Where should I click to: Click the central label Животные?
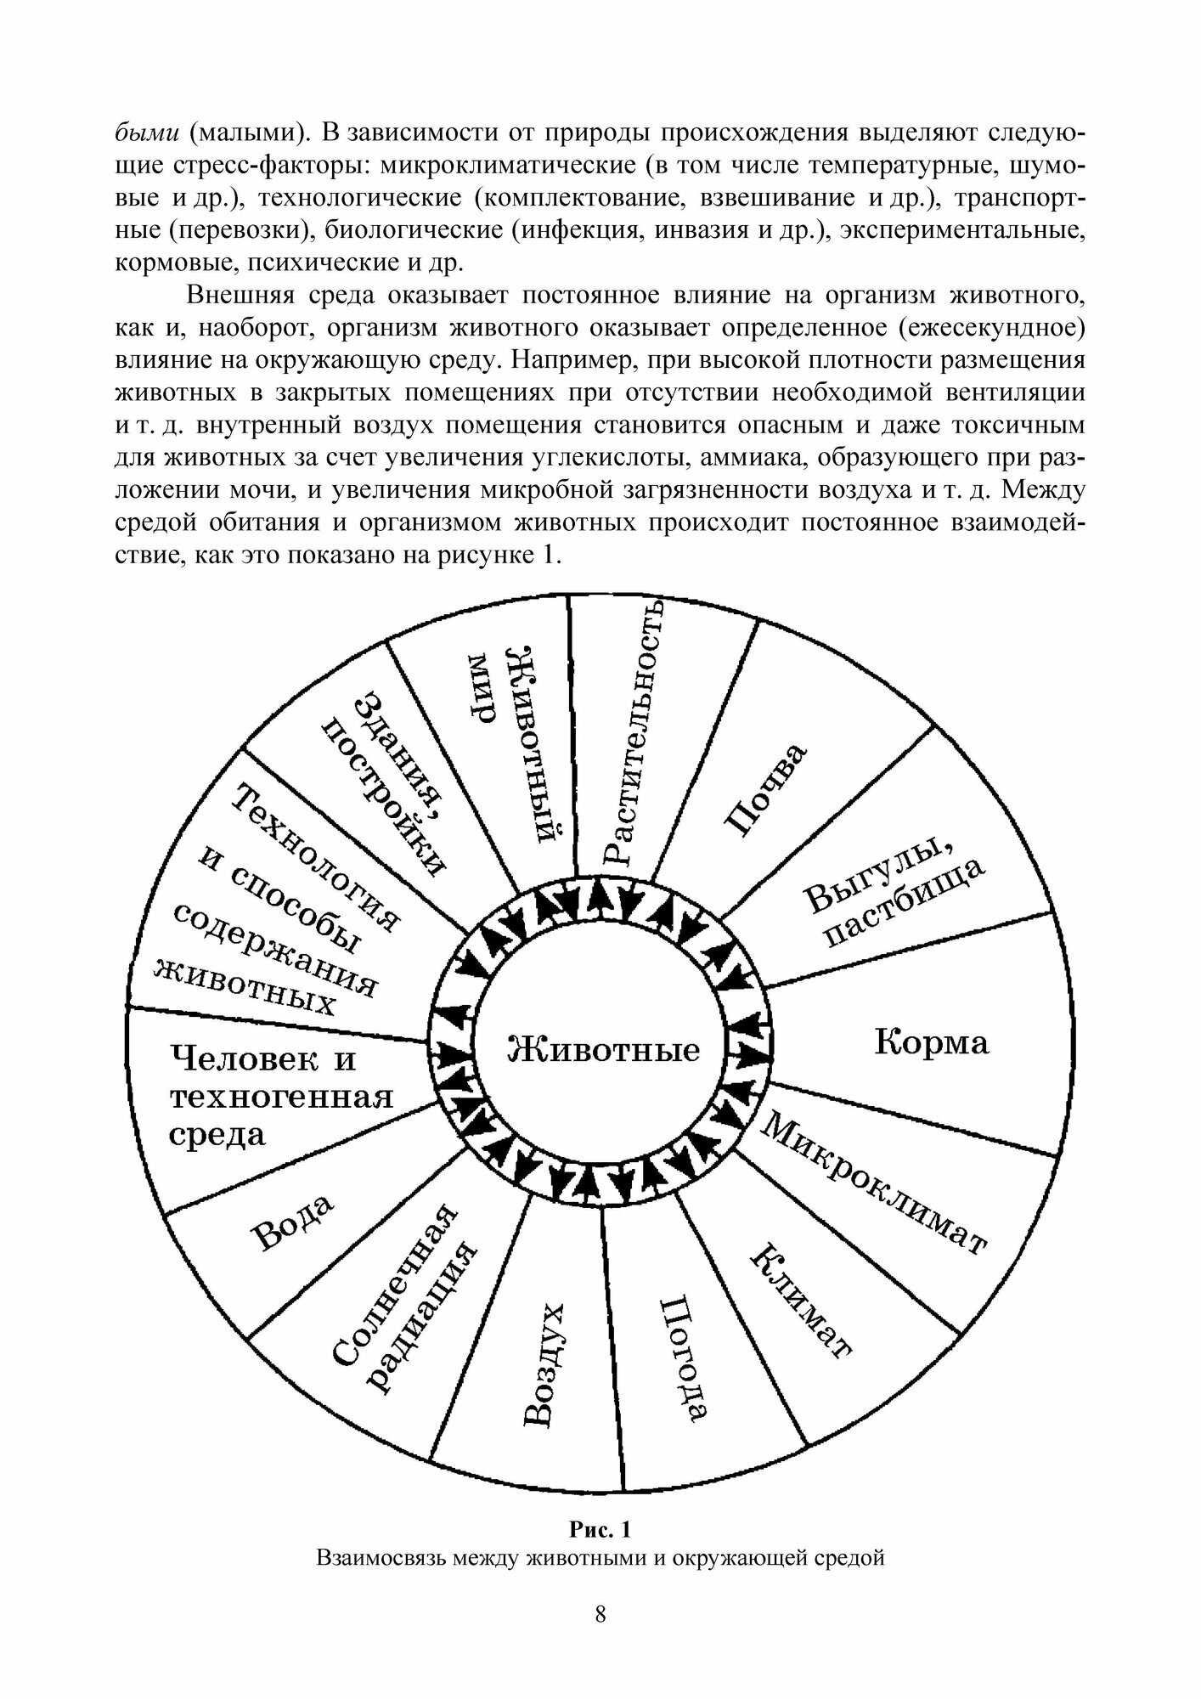603,1049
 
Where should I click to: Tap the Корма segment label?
932,1041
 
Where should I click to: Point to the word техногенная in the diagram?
281,1098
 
